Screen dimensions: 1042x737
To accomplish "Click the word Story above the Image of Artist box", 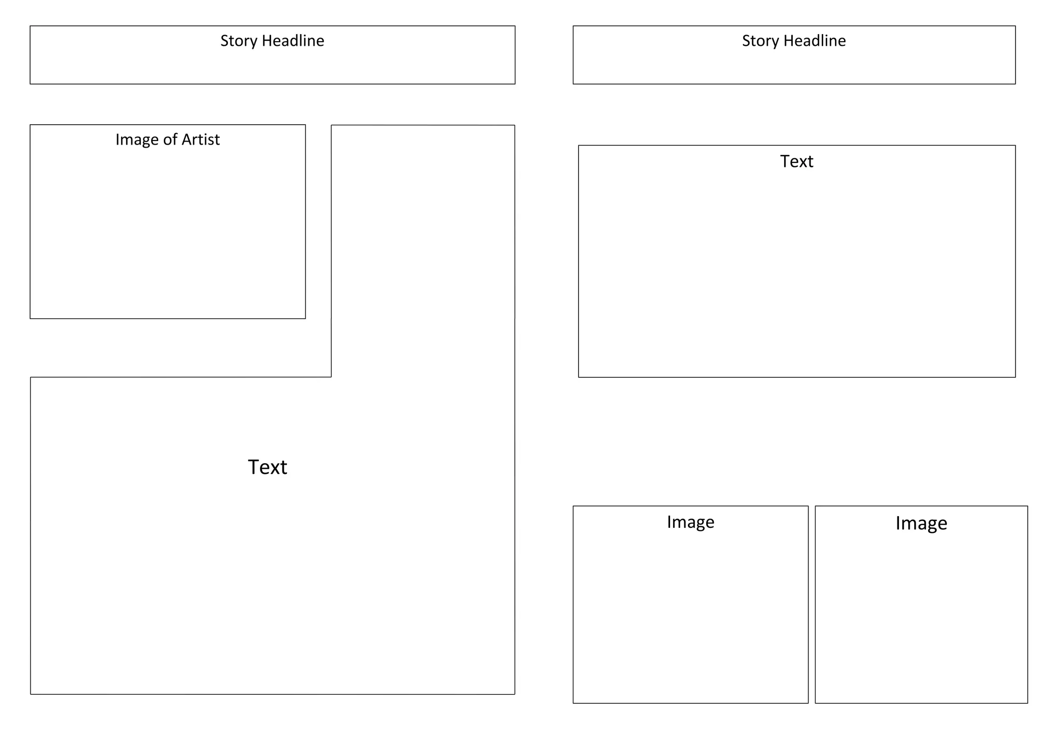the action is tap(239, 41).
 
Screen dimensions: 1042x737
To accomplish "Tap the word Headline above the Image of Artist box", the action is tap(293, 41).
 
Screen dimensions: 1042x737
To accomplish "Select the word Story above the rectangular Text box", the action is tap(760, 41).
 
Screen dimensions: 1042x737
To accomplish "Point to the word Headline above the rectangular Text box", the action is tap(815, 41).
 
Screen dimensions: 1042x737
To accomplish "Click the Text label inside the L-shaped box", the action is tap(268, 467).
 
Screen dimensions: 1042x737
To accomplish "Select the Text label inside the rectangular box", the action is tap(797, 161).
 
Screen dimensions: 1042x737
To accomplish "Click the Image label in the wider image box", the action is tap(690, 522).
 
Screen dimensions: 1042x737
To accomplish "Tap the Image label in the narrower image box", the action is tap(921, 523).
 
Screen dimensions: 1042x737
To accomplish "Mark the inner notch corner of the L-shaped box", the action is tap(331, 377).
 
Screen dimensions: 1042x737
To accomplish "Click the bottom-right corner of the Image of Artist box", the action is tap(305, 319).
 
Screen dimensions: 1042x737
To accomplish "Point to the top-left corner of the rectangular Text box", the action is tap(578, 146).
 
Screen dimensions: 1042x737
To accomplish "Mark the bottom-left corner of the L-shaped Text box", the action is tap(31, 694).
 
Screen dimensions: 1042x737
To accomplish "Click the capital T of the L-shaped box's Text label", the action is tap(254, 467).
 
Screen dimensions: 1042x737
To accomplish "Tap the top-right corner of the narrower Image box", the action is tap(1027, 506).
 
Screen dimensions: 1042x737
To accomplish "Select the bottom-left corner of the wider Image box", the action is tap(573, 703).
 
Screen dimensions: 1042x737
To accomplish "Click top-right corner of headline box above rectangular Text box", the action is tap(1015, 26).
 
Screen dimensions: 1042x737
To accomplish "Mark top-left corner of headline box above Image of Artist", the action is tap(31, 26).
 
